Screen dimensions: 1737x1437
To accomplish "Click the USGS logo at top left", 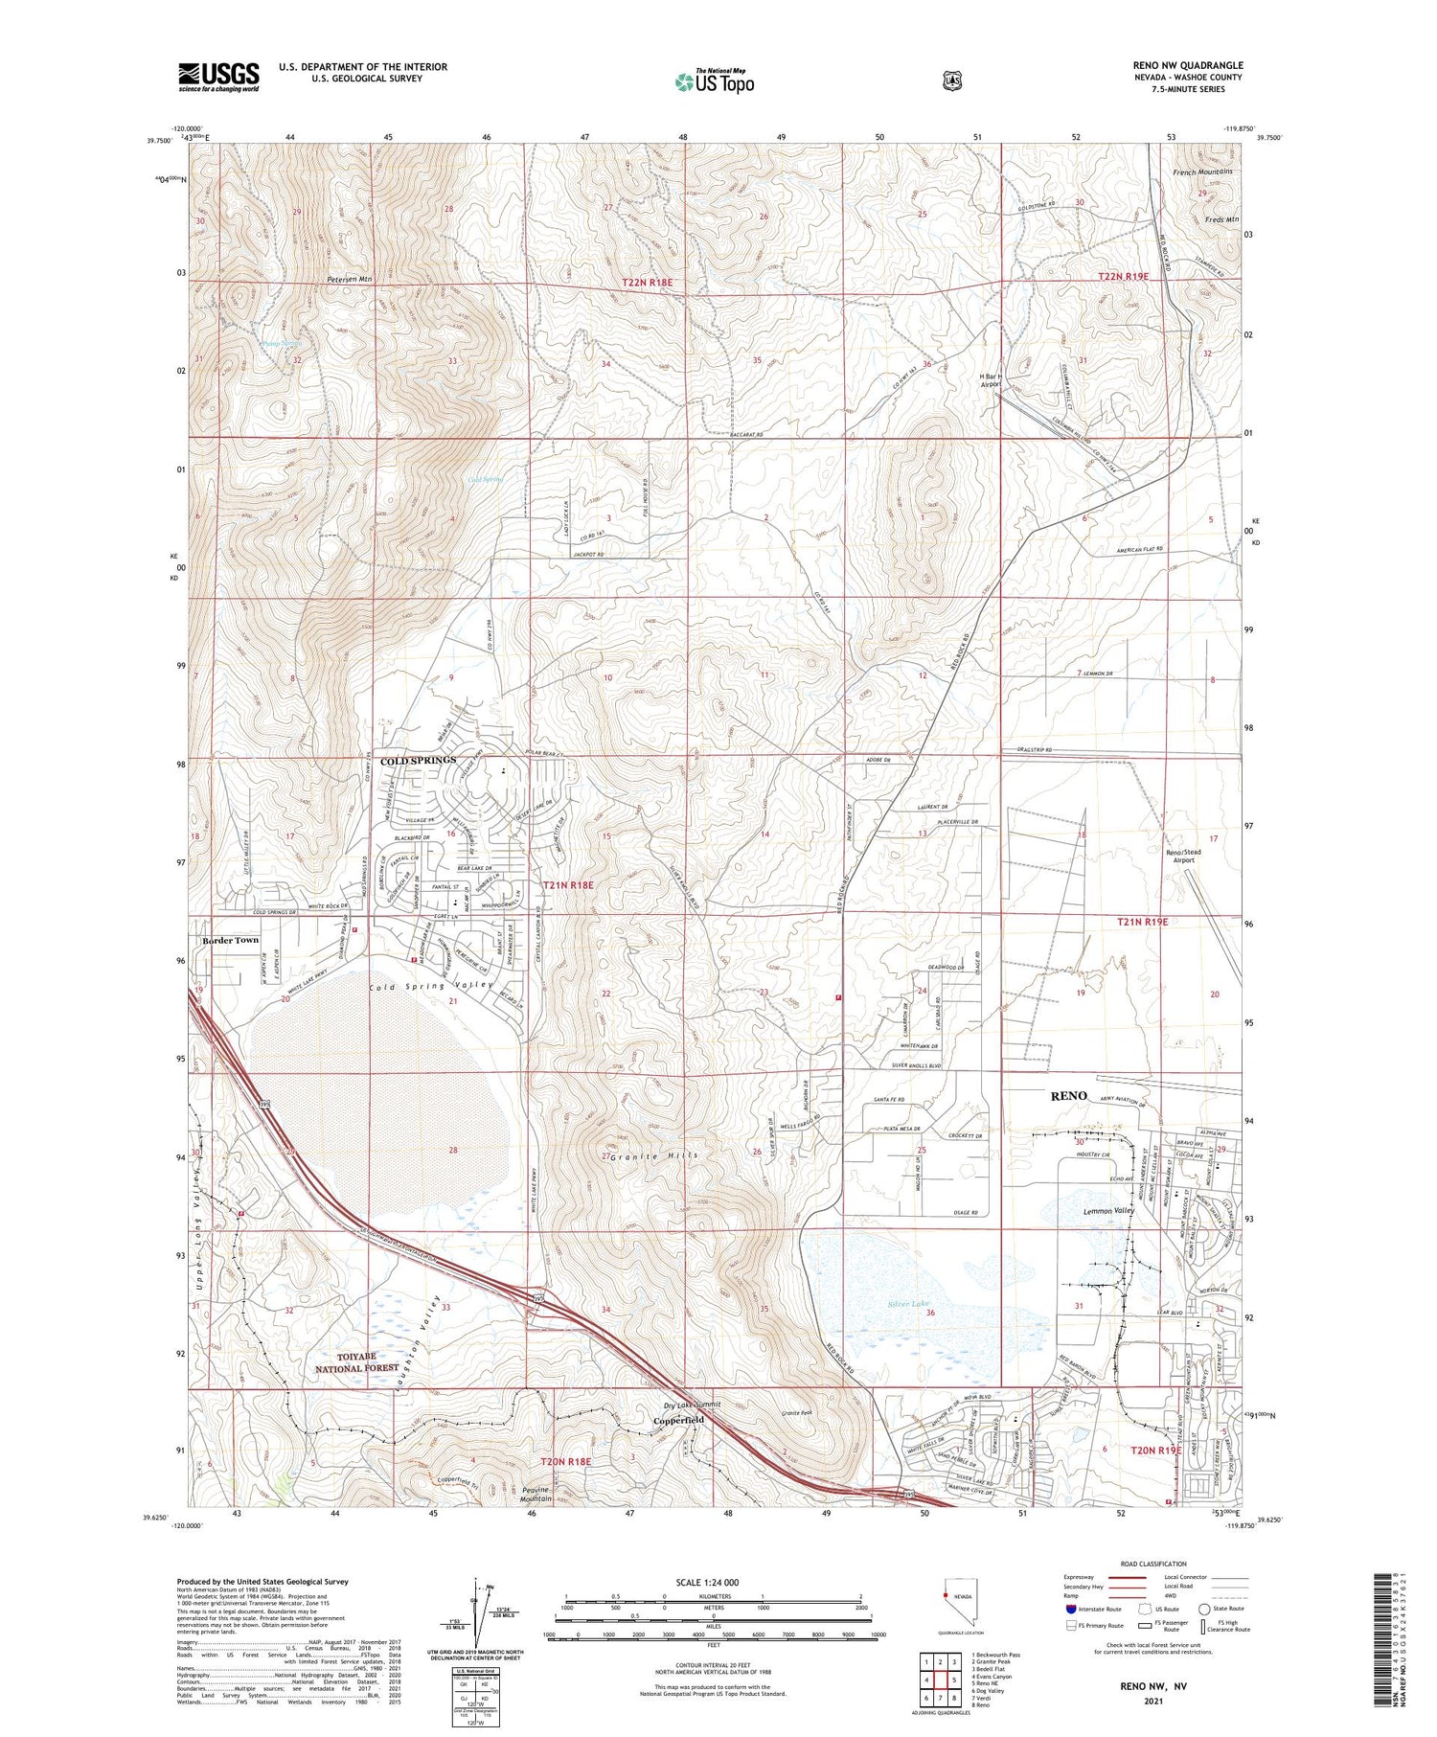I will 218,77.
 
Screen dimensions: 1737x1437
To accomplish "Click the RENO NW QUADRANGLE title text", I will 1187,65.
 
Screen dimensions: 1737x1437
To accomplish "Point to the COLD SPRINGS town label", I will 419,761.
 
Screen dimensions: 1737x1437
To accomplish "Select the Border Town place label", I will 230,941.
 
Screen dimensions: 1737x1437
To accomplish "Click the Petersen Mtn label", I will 349,280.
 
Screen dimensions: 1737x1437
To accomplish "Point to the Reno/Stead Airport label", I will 1183,856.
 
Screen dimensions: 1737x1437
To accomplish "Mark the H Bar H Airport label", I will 990,380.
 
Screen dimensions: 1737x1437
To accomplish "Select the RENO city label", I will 1069,1095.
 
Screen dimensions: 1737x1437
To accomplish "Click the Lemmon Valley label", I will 1108,1211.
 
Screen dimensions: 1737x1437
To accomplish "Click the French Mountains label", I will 1202,171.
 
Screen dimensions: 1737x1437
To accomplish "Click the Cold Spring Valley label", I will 431,986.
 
